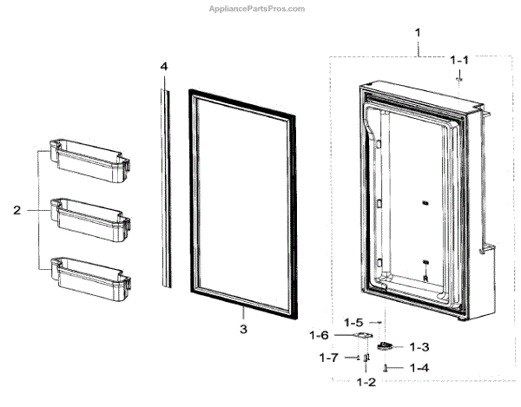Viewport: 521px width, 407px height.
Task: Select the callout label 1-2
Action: click(x=366, y=382)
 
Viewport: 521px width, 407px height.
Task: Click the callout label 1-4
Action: click(x=419, y=368)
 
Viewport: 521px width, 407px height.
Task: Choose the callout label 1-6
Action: click(x=320, y=334)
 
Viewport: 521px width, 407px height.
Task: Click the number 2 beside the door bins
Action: click(x=16, y=209)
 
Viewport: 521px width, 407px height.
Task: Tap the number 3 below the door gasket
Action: click(x=243, y=329)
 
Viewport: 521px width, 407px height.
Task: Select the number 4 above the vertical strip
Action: click(x=162, y=66)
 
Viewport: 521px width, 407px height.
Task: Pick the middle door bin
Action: click(x=89, y=213)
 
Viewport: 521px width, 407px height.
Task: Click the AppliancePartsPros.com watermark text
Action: click(x=258, y=9)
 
